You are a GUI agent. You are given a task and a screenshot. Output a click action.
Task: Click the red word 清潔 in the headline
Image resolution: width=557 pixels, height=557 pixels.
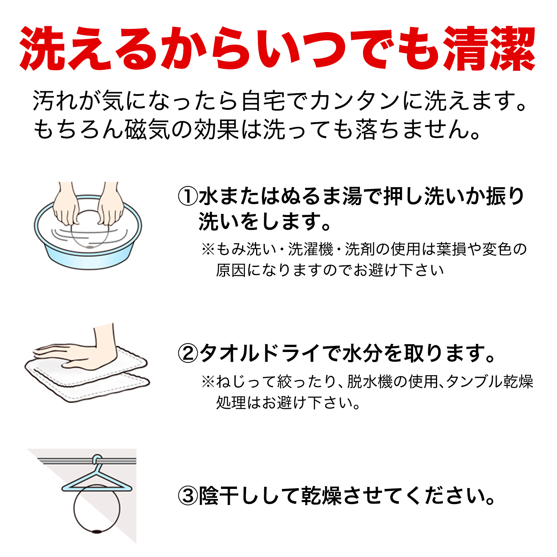[x=489, y=48]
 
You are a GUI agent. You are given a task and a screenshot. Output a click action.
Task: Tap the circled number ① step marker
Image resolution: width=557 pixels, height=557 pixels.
[x=188, y=196]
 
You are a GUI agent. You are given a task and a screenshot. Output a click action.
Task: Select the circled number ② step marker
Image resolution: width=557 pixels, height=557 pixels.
[x=188, y=354]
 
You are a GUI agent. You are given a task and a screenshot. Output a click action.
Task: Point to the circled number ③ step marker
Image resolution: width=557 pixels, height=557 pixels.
[x=188, y=496]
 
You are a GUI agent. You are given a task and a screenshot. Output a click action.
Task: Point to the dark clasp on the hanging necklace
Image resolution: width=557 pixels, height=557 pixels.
[x=97, y=531]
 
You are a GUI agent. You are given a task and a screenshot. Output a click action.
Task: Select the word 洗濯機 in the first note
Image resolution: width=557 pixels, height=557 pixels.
[x=311, y=249]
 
